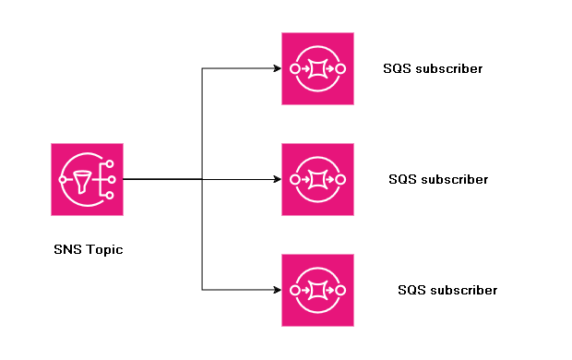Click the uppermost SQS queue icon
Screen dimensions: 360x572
(x=317, y=68)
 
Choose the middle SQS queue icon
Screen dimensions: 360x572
(x=317, y=179)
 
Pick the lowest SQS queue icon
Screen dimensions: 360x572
(x=317, y=290)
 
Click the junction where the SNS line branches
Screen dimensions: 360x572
(x=202, y=179)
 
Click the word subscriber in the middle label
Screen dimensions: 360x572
(x=454, y=179)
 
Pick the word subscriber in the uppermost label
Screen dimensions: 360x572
(x=448, y=68)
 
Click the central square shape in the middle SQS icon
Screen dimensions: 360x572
(x=318, y=179)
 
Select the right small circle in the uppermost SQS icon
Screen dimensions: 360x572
(x=341, y=68)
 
